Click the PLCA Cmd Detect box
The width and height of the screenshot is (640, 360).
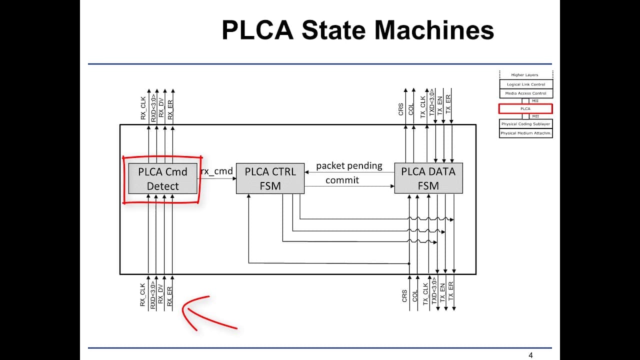tap(162, 178)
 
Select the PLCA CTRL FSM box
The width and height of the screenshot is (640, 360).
tap(270, 178)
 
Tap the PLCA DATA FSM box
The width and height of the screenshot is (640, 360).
tap(428, 178)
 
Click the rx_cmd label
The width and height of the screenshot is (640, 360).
tap(217, 171)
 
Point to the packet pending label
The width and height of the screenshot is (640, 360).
tap(349, 166)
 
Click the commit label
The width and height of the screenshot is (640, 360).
tap(342, 180)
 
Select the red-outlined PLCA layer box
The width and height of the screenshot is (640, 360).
tap(525, 109)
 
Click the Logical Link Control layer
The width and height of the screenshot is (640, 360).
tap(526, 84)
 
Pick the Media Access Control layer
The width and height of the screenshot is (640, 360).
tap(526, 93)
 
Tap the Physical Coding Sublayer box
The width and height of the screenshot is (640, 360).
tap(525, 124)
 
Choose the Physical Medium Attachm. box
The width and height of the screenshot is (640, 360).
tap(525, 133)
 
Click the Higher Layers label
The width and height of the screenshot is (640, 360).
tap(524, 75)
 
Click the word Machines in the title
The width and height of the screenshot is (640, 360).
tap(434, 30)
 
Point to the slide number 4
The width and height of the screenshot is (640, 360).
tap(530, 355)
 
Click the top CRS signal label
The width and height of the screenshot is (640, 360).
tap(401, 109)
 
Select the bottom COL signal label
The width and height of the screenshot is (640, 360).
tap(415, 296)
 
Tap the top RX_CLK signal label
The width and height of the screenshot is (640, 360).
tap(143, 108)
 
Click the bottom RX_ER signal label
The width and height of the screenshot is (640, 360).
tap(169, 296)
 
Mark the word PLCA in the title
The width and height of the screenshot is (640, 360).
tap(257, 30)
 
